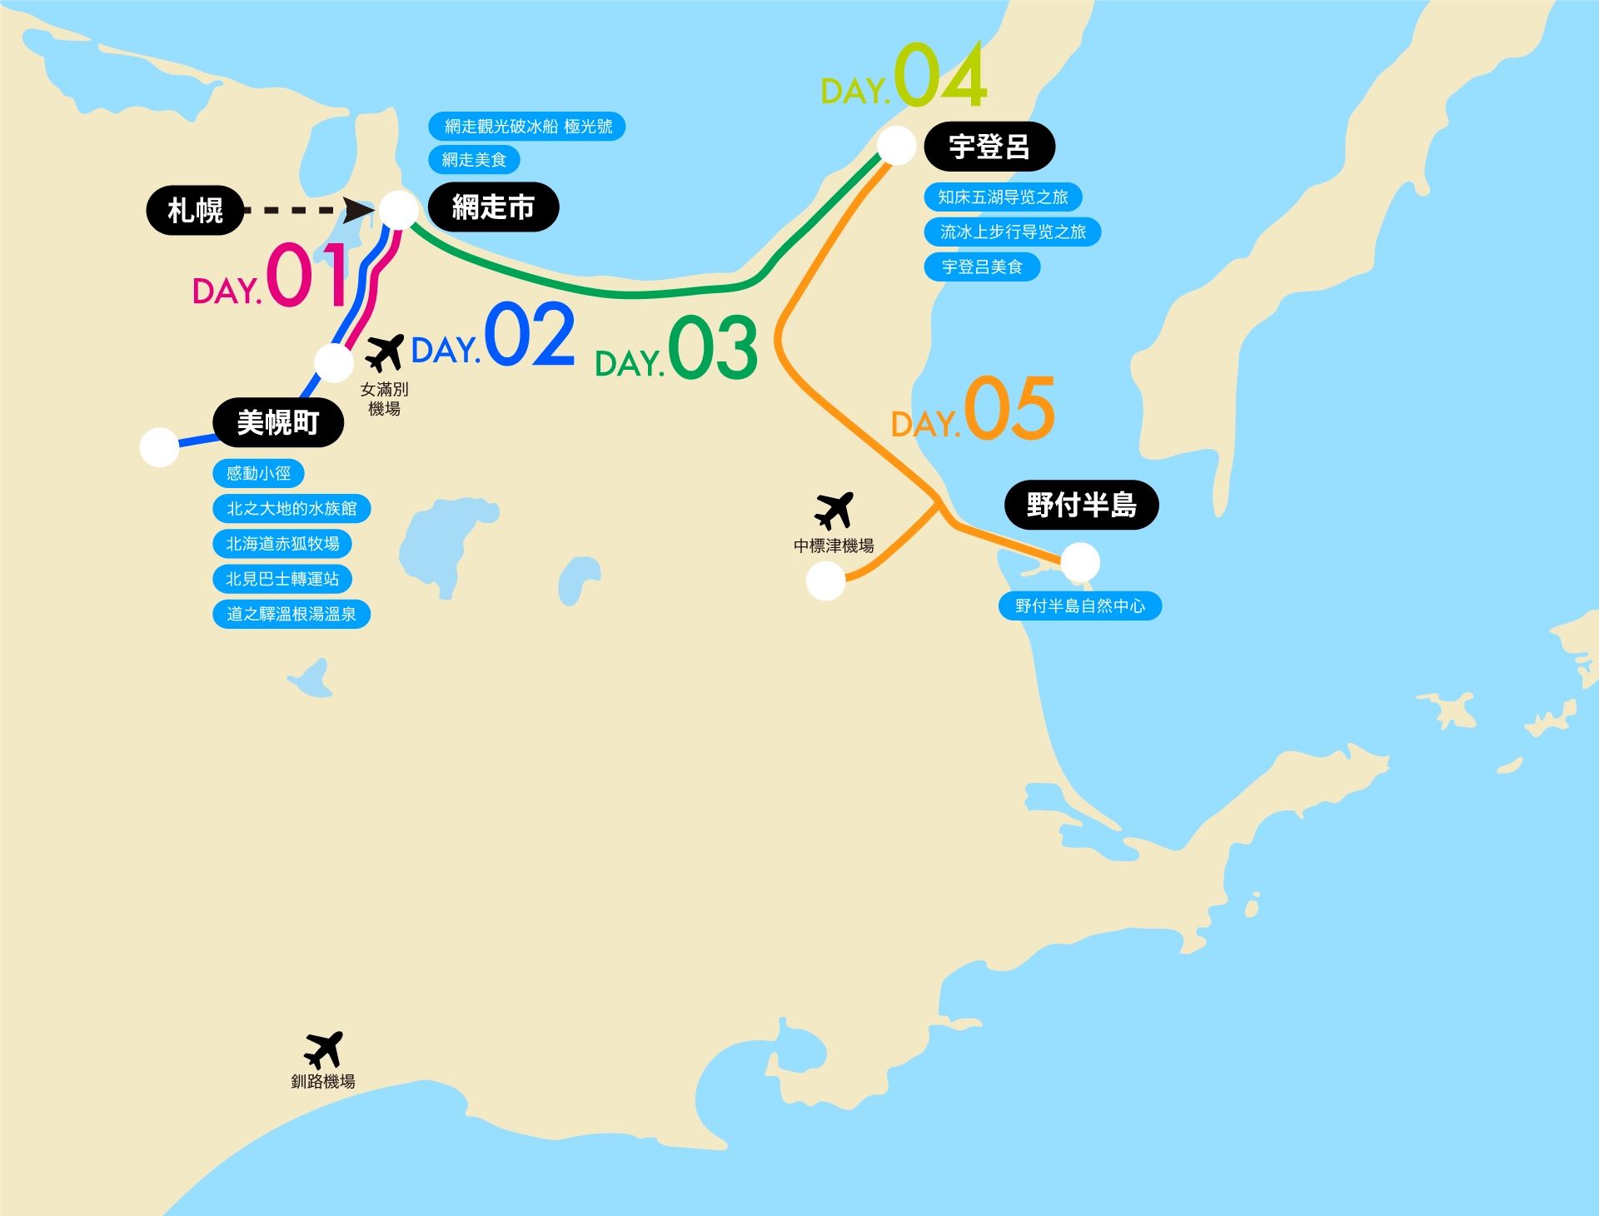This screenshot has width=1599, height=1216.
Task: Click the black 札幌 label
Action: click(195, 211)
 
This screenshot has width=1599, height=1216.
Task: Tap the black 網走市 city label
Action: click(493, 207)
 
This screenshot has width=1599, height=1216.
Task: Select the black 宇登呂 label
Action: click(989, 147)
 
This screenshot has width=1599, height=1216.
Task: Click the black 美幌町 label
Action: click(278, 423)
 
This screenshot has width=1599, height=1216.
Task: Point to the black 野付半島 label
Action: click(1081, 505)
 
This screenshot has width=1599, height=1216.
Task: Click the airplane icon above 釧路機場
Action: click(323, 1049)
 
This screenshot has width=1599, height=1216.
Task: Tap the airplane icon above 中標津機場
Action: click(834, 510)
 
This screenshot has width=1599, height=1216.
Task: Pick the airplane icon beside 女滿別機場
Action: click(384, 352)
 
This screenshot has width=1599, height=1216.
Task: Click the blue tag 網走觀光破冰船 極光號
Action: click(527, 127)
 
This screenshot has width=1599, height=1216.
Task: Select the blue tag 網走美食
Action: click(474, 160)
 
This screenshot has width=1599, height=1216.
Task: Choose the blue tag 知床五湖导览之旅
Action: click(1003, 197)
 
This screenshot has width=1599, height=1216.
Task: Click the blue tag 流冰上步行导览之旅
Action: click(1013, 232)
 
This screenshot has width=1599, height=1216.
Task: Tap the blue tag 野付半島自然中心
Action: click(1079, 606)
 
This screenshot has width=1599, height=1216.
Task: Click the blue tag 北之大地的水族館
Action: click(291, 509)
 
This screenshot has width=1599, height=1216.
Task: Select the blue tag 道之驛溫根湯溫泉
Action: click(291, 615)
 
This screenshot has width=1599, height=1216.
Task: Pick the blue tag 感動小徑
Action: click(258, 474)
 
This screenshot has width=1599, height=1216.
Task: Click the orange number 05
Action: click(1009, 408)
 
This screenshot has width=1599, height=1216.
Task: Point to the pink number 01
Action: click(306, 275)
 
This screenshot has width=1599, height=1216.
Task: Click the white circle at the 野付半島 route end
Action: click(1080, 563)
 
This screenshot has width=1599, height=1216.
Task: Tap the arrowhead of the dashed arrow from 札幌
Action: click(361, 211)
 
